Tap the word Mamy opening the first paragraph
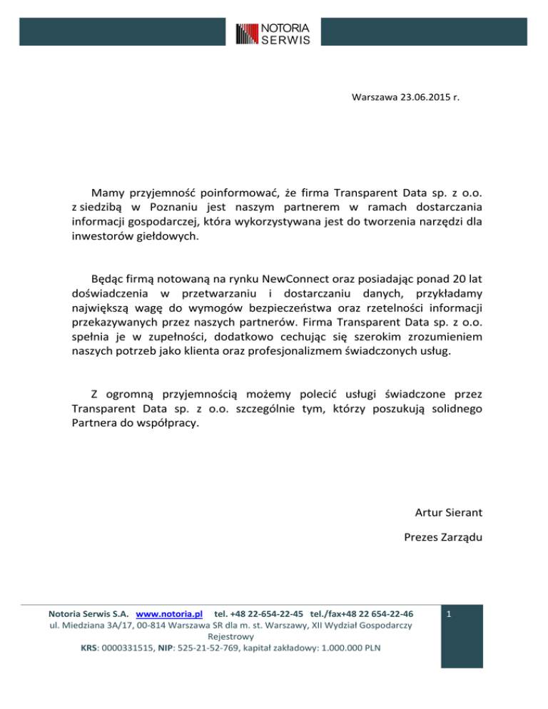point(108,193)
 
